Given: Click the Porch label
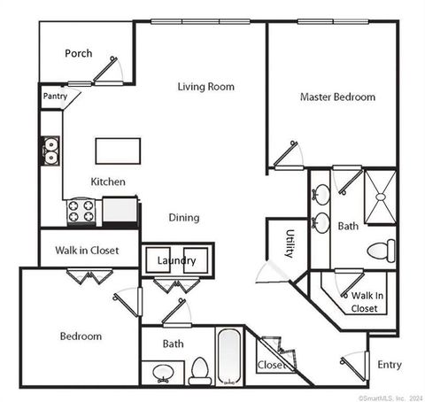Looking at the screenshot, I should click(x=79, y=53).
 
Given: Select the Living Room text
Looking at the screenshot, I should click(x=205, y=86).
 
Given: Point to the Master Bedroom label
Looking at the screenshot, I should click(x=337, y=97).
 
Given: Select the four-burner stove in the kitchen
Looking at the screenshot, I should click(x=81, y=211).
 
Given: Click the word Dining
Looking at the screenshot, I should click(x=184, y=217).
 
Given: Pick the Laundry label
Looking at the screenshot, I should click(x=177, y=260).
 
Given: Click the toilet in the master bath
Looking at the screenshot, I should click(x=381, y=249).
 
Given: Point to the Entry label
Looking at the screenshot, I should click(x=390, y=364).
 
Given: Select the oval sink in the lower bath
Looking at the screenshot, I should click(x=163, y=371).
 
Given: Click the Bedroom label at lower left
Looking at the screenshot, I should click(x=81, y=336).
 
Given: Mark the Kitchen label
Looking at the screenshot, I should click(x=108, y=182).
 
